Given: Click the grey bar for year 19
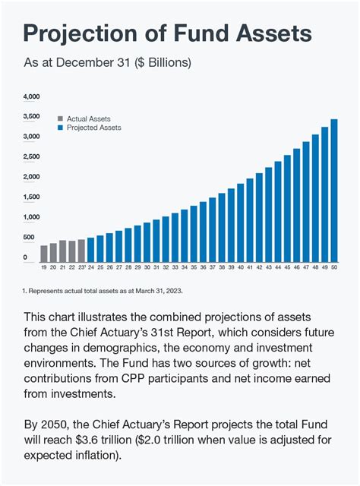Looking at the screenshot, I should [x=44, y=254].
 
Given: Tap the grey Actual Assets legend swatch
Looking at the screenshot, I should [x=61, y=119].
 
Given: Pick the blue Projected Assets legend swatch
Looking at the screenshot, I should [x=61, y=128].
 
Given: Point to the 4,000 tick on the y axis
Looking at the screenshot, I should [x=31, y=97].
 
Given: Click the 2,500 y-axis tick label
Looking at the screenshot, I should [x=31, y=157].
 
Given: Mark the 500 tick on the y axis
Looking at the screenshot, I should [x=30, y=238].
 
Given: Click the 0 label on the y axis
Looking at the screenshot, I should [x=25, y=258].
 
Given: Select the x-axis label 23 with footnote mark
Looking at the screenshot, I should [x=82, y=268].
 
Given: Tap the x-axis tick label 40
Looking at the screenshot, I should [x=241, y=268].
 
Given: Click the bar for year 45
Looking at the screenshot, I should [x=288, y=209].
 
